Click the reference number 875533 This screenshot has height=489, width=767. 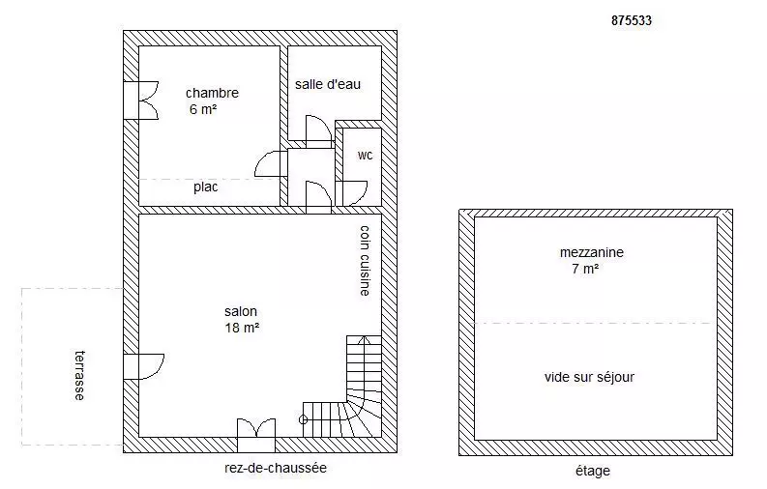[x=632, y=20]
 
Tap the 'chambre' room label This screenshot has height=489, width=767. [x=212, y=93]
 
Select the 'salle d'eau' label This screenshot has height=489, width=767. [x=328, y=84]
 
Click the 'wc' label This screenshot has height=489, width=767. [x=365, y=156]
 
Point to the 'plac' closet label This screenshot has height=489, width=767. [x=205, y=187]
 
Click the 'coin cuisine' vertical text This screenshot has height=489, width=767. [x=365, y=260]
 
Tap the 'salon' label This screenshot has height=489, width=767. [x=241, y=312]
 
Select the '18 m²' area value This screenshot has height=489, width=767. [x=242, y=328]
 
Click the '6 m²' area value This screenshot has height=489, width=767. [x=203, y=109]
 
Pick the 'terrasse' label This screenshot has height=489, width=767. [x=79, y=375]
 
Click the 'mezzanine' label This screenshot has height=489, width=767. [x=592, y=252]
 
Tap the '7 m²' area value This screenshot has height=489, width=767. [x=585, y=269]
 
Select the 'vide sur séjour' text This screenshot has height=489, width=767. [x=589, y=377]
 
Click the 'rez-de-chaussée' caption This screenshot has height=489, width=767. [x=276, y=468]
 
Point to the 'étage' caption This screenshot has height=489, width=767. [x=593, y=471]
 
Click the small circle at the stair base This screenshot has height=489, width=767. [x=304, y=419]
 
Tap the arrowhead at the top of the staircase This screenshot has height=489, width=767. [x=364, y=338]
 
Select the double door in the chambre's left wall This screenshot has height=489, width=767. [x=141, y=101]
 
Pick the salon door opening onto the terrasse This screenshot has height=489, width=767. [x=143, y=366]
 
